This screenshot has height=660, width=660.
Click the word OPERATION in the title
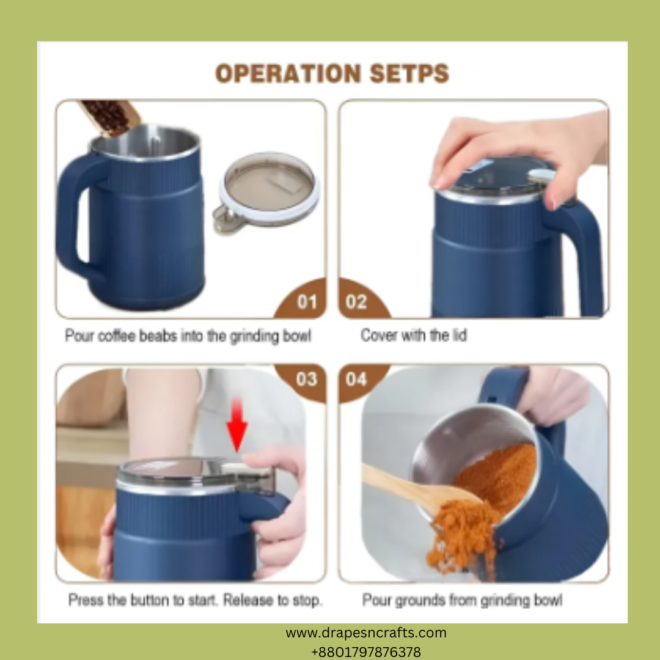click(x=288, y=73)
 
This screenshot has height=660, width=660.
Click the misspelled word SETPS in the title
click(x=409, y=73)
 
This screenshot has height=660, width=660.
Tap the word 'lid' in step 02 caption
click(x=460, y=335)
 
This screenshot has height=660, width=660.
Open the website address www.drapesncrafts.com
click(x=366, y=632)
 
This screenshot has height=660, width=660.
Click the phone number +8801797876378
click(x=366, y=652)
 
